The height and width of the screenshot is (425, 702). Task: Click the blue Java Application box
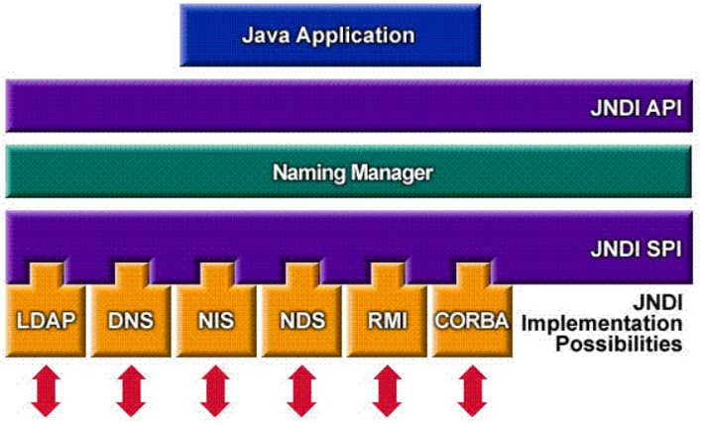(328, 36)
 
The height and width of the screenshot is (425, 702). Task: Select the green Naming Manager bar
(352, 172)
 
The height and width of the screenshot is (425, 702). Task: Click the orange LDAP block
(46, 319)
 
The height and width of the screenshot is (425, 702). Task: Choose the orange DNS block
(130, 319)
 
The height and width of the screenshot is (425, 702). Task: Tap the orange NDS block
(300, 319)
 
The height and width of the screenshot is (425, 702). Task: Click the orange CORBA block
(471, 319)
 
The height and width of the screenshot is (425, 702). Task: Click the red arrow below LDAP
(46, 390)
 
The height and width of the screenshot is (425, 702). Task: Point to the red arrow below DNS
(131, 390)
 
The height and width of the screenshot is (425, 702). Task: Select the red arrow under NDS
(300, 390)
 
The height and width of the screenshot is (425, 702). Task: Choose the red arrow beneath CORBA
(471, 390)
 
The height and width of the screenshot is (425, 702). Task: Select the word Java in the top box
(265, 36)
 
